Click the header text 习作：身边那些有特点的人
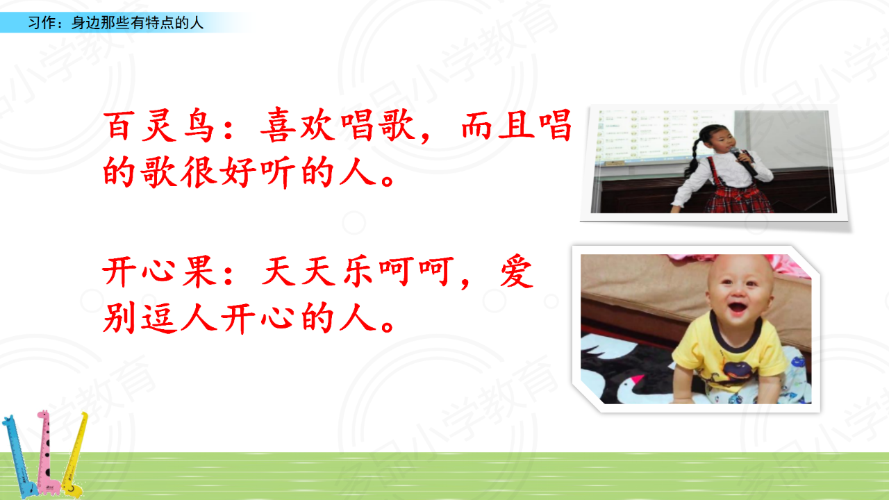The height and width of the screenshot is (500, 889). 115,23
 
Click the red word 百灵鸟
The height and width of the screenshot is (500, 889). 158,126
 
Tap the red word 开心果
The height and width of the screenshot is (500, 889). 159,272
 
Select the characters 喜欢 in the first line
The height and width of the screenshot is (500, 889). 298,126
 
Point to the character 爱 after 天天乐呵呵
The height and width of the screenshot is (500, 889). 516,272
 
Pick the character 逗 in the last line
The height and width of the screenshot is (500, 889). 159,317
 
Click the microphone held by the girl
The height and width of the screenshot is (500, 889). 743,160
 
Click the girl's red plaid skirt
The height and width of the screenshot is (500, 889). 739,199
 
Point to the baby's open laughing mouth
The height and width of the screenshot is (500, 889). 738,308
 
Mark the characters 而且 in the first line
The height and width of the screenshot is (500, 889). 498,126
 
